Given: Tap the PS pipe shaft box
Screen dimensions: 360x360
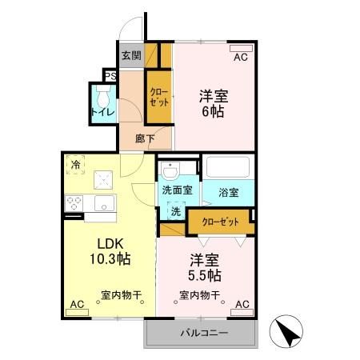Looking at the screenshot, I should pos(109,78).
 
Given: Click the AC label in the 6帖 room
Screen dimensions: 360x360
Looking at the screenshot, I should pos(240,57).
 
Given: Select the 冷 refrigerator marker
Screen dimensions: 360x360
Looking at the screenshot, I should pos(76,165).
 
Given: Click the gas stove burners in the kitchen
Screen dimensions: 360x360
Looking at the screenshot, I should pos(76,203).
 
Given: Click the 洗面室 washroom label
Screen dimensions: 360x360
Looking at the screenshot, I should pos(177,191).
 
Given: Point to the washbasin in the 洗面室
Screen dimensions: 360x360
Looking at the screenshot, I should pos(170,171).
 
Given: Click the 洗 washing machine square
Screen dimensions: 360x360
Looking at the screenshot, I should pos(175,212).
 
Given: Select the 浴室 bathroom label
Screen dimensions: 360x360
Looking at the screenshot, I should pos(228,193).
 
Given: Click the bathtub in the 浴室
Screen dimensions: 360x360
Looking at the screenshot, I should pos(230,168).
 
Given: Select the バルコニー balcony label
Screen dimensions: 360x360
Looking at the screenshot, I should pos(203,332).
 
